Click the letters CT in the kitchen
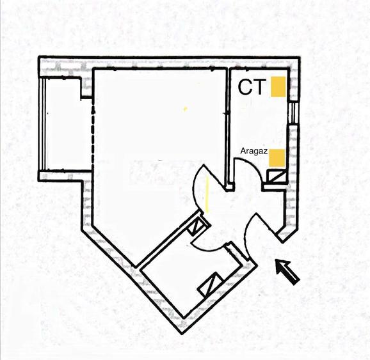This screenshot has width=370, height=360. (x=251, y=87)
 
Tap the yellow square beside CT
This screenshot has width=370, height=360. (x=278, y=86)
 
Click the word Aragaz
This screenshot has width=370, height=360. (x=254, y=151)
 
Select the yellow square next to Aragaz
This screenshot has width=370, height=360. (x=277, y=158)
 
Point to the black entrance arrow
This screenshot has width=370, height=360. (x=287, y=272)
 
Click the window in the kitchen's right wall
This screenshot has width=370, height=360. (x=293, y=112)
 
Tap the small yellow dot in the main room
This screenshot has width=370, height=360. (x=185, y=109)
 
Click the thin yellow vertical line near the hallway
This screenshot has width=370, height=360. (x=207, y=194)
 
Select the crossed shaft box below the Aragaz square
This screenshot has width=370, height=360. (x=277, y=177)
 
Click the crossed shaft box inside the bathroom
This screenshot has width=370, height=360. (x=211, y=285)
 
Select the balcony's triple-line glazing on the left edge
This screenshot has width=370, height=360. (x=43, y=124)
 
